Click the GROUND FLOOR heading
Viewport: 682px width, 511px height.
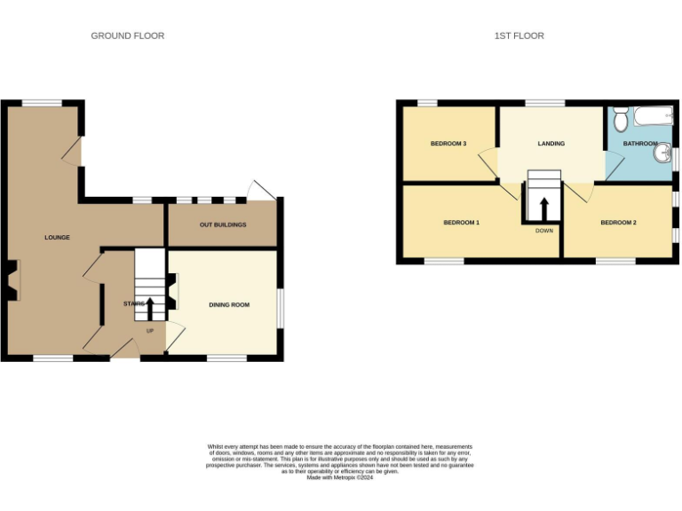127,35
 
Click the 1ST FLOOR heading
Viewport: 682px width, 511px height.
519,35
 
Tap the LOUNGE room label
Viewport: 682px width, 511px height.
58,238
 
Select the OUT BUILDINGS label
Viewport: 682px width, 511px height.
223,224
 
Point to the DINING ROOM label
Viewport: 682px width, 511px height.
229,305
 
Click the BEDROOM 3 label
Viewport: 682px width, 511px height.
448,144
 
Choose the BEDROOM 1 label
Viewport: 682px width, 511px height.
462,222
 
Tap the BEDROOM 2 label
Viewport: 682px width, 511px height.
618,222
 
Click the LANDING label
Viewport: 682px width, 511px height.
551,144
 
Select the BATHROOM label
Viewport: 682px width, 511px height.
640,144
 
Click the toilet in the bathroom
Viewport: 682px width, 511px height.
621,117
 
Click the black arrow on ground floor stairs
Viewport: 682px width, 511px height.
149,307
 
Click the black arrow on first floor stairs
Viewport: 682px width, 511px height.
544,206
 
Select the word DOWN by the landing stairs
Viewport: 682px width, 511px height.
544,231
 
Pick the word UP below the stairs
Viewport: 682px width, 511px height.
149,331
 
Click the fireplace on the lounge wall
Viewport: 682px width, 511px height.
12,279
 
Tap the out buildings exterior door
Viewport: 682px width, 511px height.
262,190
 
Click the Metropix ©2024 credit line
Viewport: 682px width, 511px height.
340,477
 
